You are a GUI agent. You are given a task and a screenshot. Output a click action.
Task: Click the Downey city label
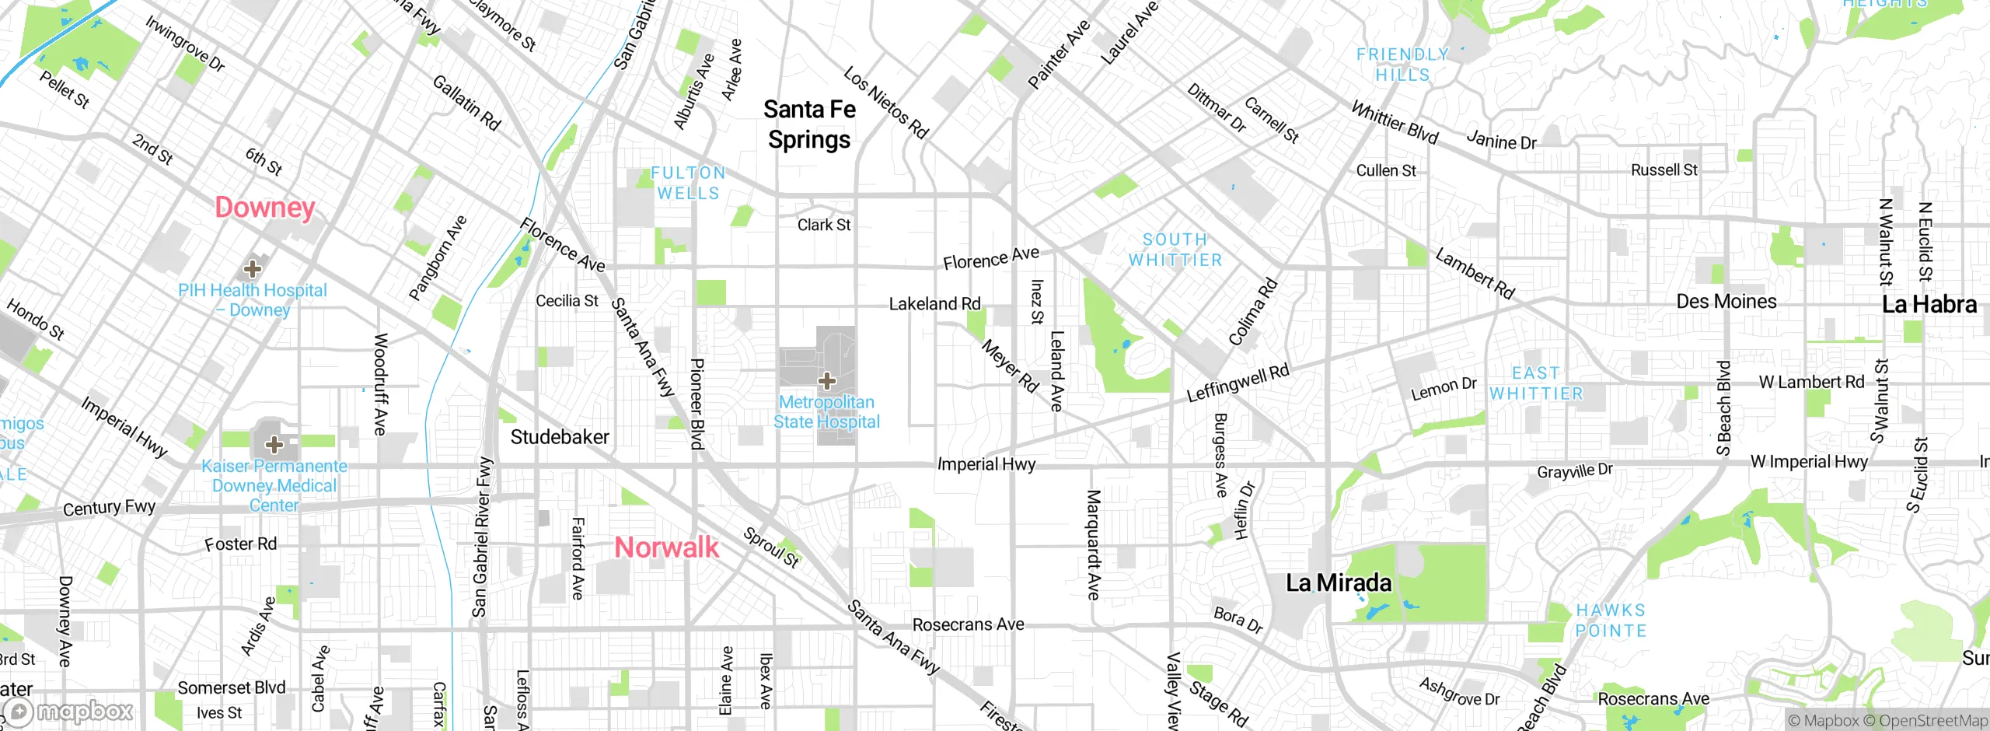tap(265, 208)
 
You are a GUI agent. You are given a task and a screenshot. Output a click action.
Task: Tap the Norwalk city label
tap(666, 547)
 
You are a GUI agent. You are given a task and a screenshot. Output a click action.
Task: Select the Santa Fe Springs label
tap(809, 124)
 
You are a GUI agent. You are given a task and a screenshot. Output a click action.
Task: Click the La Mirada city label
tap(1339, 582)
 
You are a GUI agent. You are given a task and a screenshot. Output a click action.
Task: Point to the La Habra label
tap(1929, 304)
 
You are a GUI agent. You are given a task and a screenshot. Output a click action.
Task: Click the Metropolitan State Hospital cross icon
tap(827, 381)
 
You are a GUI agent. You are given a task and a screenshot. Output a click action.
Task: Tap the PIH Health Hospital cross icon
tap(252, 270)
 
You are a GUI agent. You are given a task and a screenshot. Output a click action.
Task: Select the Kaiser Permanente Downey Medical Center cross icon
tap(274, 445)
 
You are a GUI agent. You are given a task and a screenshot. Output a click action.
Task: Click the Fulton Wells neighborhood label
tap(688, 183)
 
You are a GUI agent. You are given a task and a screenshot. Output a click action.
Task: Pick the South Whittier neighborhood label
tap(1175, 250)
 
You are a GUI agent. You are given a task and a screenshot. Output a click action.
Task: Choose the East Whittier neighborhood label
tap(1536, 383)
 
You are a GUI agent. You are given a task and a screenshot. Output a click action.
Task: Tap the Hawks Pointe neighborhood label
tap(1611, 621)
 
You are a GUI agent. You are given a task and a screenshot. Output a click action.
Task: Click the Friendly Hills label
tap(1402, 65)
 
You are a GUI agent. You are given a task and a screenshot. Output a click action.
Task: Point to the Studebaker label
tap(560, 437)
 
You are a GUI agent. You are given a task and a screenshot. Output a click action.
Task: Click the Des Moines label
tap(1726, 302)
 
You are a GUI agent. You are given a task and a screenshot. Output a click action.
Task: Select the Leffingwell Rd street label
tap(1238, 383)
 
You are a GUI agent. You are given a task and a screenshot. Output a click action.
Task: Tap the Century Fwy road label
tap(110, 509)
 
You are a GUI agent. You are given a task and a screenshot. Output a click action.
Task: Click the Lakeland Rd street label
tap(934, 304)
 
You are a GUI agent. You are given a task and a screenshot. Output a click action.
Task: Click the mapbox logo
tap(70, 711)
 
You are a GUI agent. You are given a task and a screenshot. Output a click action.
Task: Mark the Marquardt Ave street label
tap(1094, 544)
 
